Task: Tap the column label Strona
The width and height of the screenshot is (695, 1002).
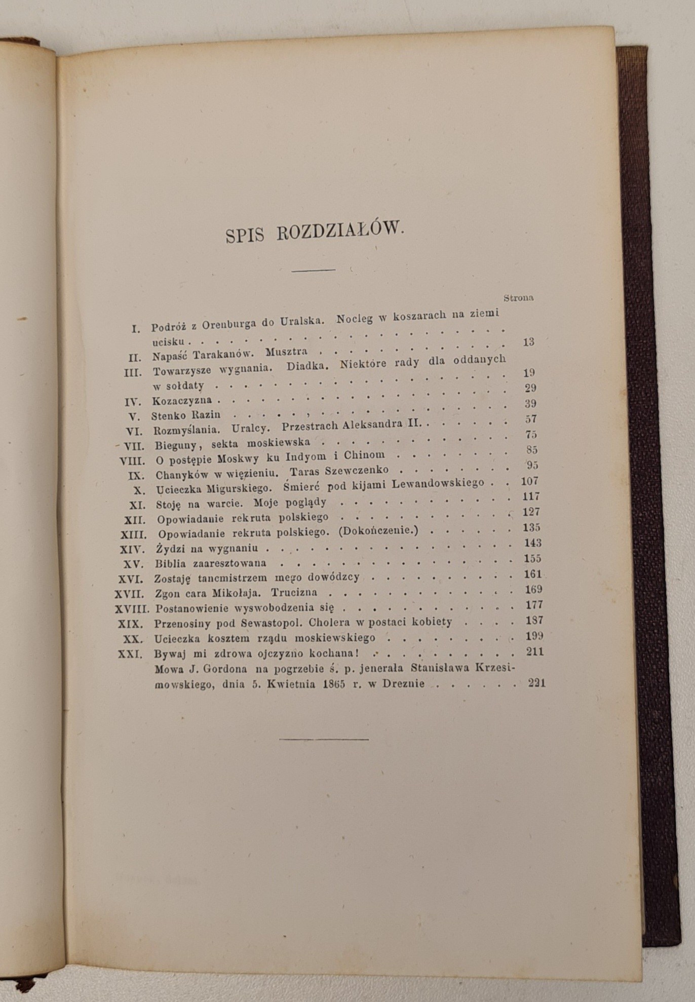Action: [x=519, y=298]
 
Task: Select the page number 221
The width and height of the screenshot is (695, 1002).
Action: [x=536, y=683]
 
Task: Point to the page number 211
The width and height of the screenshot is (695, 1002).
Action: [x=534, y=651]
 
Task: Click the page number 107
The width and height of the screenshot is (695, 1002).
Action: [x=529, y=481]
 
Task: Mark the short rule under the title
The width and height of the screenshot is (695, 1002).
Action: [x=314, y=270]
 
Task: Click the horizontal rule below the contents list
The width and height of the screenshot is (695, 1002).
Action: [x=324, y=739]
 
